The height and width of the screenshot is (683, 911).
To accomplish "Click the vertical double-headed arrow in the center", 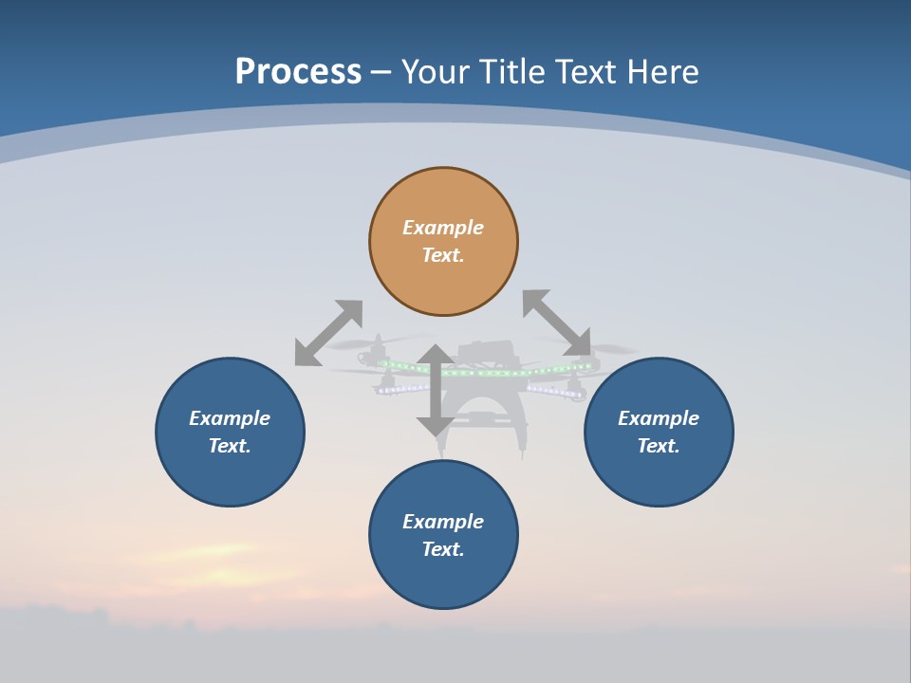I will click(x=435, y=391).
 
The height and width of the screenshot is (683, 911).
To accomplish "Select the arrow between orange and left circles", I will click(x=328, y=333).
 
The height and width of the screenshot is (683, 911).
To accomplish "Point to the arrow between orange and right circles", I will click(x=557, y=323).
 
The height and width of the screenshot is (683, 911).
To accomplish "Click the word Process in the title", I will click(x=298, y=72).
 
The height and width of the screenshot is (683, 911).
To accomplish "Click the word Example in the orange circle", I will click(x=443, y=228).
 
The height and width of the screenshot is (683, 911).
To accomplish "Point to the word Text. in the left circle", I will click(x=230, y=446).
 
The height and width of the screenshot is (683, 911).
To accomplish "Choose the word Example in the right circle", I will click(x=659, y=418).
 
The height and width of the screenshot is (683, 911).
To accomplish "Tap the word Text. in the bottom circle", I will click(x=443, y=549).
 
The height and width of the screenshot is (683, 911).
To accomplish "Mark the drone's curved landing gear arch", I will click(x=489, y=408).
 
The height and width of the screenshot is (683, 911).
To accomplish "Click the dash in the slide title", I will click(x=381, y=72).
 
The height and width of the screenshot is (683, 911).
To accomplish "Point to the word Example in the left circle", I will click(x=230, y=418).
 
